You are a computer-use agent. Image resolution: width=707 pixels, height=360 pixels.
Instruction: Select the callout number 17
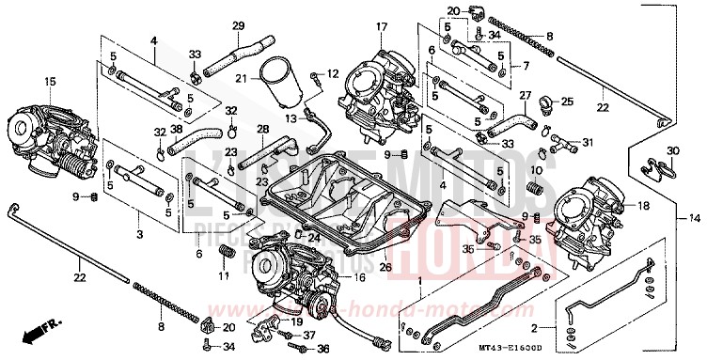pos(354,26)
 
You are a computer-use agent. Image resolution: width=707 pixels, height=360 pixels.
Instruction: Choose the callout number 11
pos(224,276)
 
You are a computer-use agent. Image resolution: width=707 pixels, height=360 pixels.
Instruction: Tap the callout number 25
pos(568,102)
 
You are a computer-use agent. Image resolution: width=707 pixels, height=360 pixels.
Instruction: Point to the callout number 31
pos(588,143)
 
